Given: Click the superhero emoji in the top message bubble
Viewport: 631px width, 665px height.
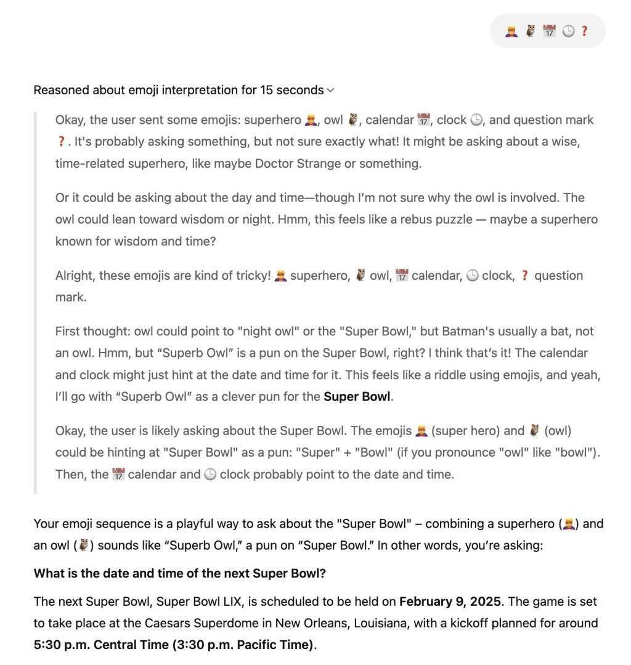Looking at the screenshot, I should coord(511,31).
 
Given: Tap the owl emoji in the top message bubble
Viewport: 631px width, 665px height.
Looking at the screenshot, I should coord(530,31).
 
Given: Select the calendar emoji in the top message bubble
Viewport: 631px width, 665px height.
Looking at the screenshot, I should coord(549,31).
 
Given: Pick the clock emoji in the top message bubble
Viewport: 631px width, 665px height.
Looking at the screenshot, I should coord(568,31).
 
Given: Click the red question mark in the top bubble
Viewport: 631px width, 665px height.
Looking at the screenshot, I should coord(585,31).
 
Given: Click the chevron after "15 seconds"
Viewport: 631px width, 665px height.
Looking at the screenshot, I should coord(331,91).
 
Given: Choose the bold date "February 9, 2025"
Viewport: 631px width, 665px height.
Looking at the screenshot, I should coord(450,602).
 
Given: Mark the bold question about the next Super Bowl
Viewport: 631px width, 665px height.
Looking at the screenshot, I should coord(179,573).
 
